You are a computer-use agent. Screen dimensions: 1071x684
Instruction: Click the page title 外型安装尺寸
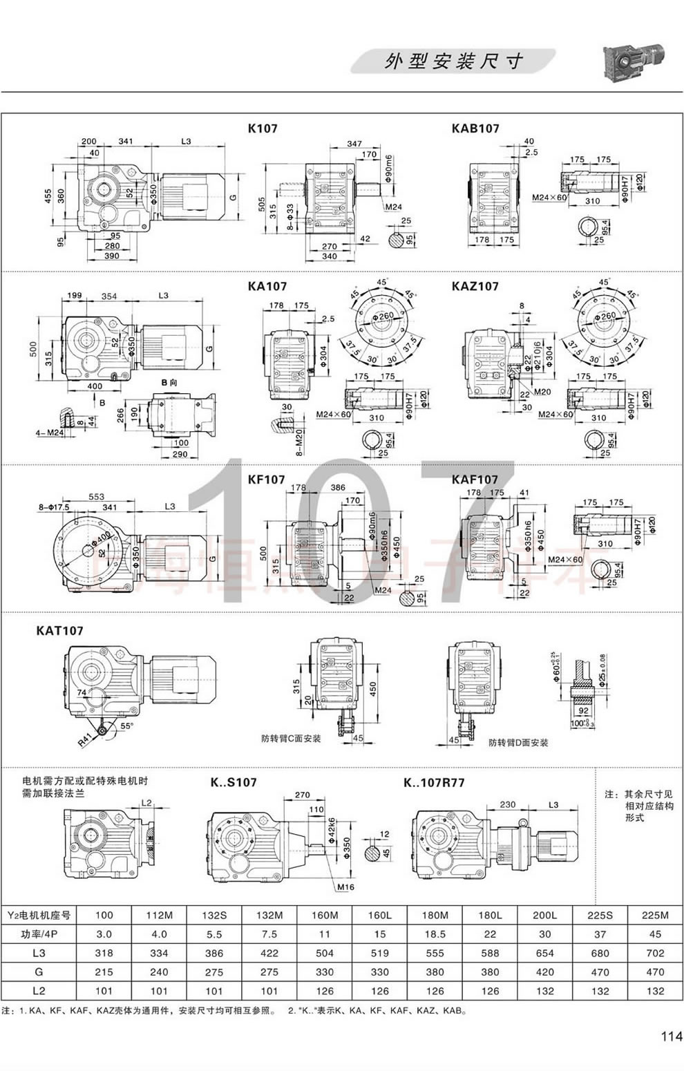tap(453, 62)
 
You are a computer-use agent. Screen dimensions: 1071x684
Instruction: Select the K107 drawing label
tap(263, 128)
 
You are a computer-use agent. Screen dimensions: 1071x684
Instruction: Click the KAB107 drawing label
tap(475, 128)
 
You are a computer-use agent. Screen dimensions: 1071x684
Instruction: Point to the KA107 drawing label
tap(267, 286)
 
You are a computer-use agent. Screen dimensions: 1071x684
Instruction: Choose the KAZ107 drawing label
tap(475, 286)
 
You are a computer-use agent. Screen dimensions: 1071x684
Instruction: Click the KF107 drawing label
tap(266, 480)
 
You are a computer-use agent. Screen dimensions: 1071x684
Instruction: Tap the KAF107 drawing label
tap(475, 480)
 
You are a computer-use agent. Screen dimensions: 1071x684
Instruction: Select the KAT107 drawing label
tap(59, 631)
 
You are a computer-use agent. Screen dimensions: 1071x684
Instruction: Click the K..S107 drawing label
tap(234, 782)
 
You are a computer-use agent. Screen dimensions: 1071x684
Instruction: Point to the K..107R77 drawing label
tap(434, 782)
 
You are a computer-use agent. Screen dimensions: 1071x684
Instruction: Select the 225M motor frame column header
tap(655, 915)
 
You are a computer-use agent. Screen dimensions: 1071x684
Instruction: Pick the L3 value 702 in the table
tap(655, 953)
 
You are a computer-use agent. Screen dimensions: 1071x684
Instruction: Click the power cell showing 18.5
tap(435, 933)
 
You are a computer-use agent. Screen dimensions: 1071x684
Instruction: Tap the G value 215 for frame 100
tap(104, 972)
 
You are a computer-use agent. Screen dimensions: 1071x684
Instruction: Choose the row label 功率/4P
tap(39, 933)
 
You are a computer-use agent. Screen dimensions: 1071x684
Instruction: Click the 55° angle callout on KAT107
tap(127, 726)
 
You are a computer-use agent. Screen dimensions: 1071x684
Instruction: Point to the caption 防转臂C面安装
tap(291, 738)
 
